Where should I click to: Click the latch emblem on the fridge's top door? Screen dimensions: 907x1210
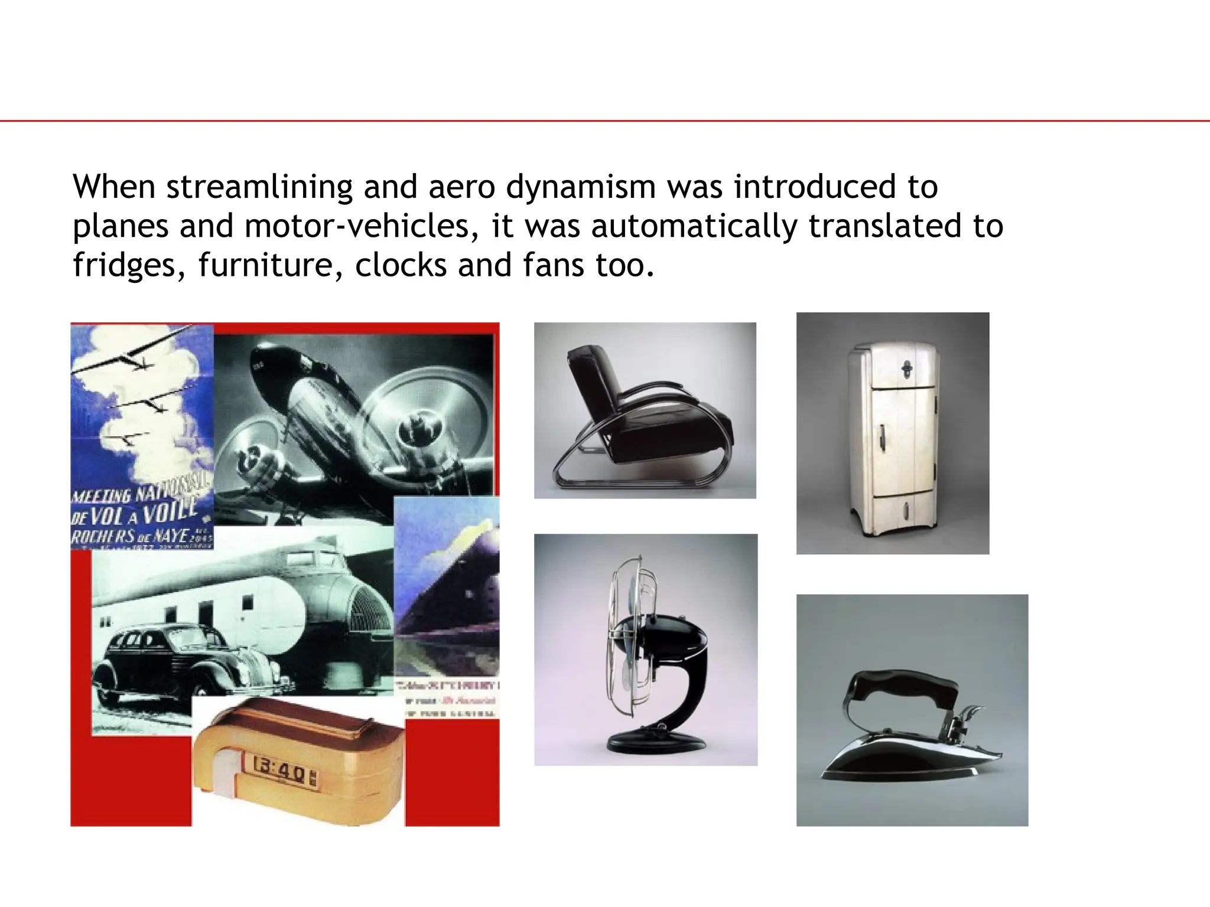[907, 370]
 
